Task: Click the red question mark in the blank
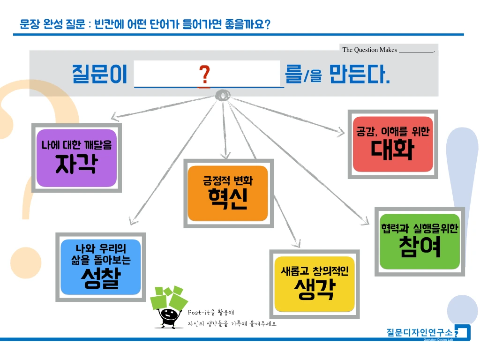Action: pos(204,75)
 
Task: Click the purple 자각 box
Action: pos(76,157)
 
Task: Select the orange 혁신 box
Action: pos(228,193)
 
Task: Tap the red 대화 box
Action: pos(393,144)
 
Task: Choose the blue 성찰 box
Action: pos(101,267)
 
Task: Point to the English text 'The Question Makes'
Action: pos(369,50)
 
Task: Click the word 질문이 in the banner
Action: pos(99,75)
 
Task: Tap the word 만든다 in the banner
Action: pos(360,75)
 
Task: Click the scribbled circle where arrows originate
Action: pos(222,95)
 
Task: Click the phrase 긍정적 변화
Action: pos(228,180)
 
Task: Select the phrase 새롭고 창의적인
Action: pos(314,271)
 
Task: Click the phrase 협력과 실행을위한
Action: pos(420,229)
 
